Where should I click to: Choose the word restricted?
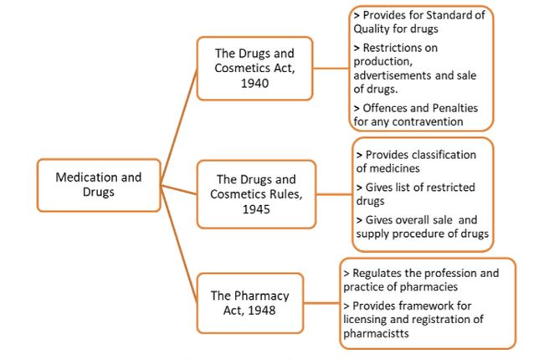tap(448, 187)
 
